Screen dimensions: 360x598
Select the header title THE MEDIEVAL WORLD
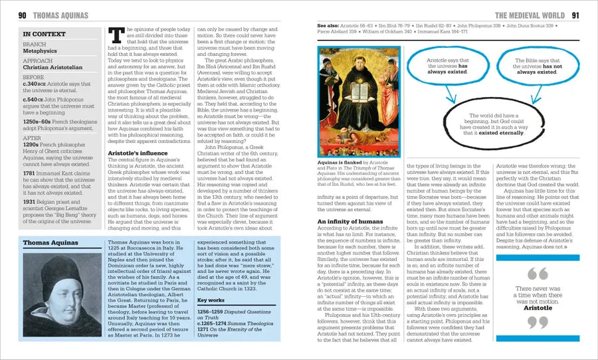point(532,15)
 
